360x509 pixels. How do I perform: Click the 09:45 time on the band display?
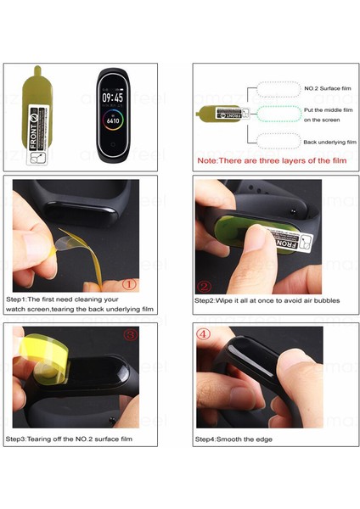(x=113, y=98)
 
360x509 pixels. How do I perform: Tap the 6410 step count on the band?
(x=113, y=120)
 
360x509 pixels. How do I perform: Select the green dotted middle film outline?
(x=279, y=114)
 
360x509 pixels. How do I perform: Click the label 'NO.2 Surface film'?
(x=328, y=88)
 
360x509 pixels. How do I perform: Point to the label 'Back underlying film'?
(x=329, y=142)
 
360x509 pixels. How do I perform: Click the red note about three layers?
(x=272, y=160)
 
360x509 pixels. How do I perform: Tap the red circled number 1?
(x=129, y=285)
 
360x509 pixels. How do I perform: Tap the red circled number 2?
(x=204, y=287)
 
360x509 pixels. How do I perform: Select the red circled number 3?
(x=131, y=334)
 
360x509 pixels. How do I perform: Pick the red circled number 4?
(x=204, y=333)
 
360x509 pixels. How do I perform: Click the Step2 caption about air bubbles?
(x=267, y=300)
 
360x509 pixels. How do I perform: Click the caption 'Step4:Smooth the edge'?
(x=233, y=439)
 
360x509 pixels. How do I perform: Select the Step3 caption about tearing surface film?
(x=69, y=439)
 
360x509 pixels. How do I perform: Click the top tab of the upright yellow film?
(x=37, y=70)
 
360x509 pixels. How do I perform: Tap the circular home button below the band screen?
(x=113, y=145)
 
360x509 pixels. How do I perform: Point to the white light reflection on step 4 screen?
(x=250, y=361)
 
